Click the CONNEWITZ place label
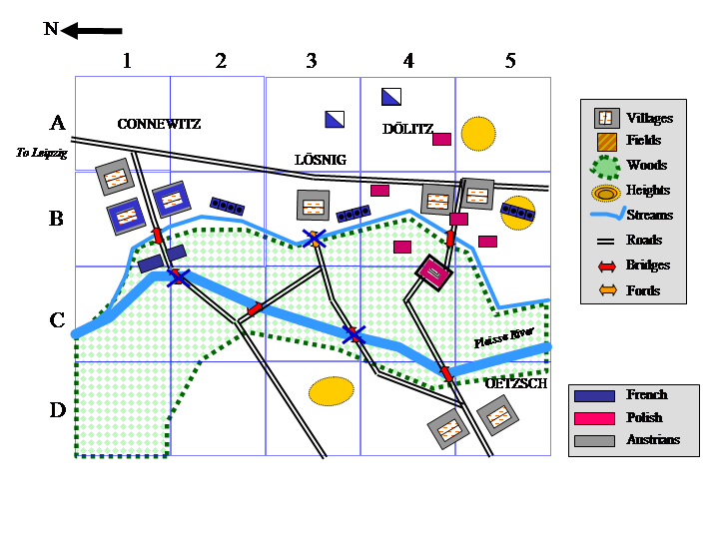point(159,125)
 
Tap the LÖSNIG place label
point(321,160)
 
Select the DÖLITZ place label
point(407,129)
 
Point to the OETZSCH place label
point(516,383)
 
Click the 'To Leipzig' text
point(42,153)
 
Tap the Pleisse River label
point(504,337)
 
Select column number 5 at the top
point(510,62)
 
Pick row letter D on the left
point(58,409)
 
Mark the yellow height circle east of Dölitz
point(478,133)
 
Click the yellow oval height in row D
point(331,390)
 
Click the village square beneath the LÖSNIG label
point(314,206)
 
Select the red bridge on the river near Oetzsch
point(446,373)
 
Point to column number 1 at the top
point(127,62)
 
